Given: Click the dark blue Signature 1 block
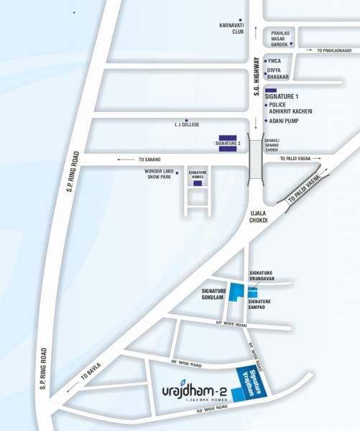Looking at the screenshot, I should [x=271, y=88].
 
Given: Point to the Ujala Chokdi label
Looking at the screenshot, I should [x=257, y=217].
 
